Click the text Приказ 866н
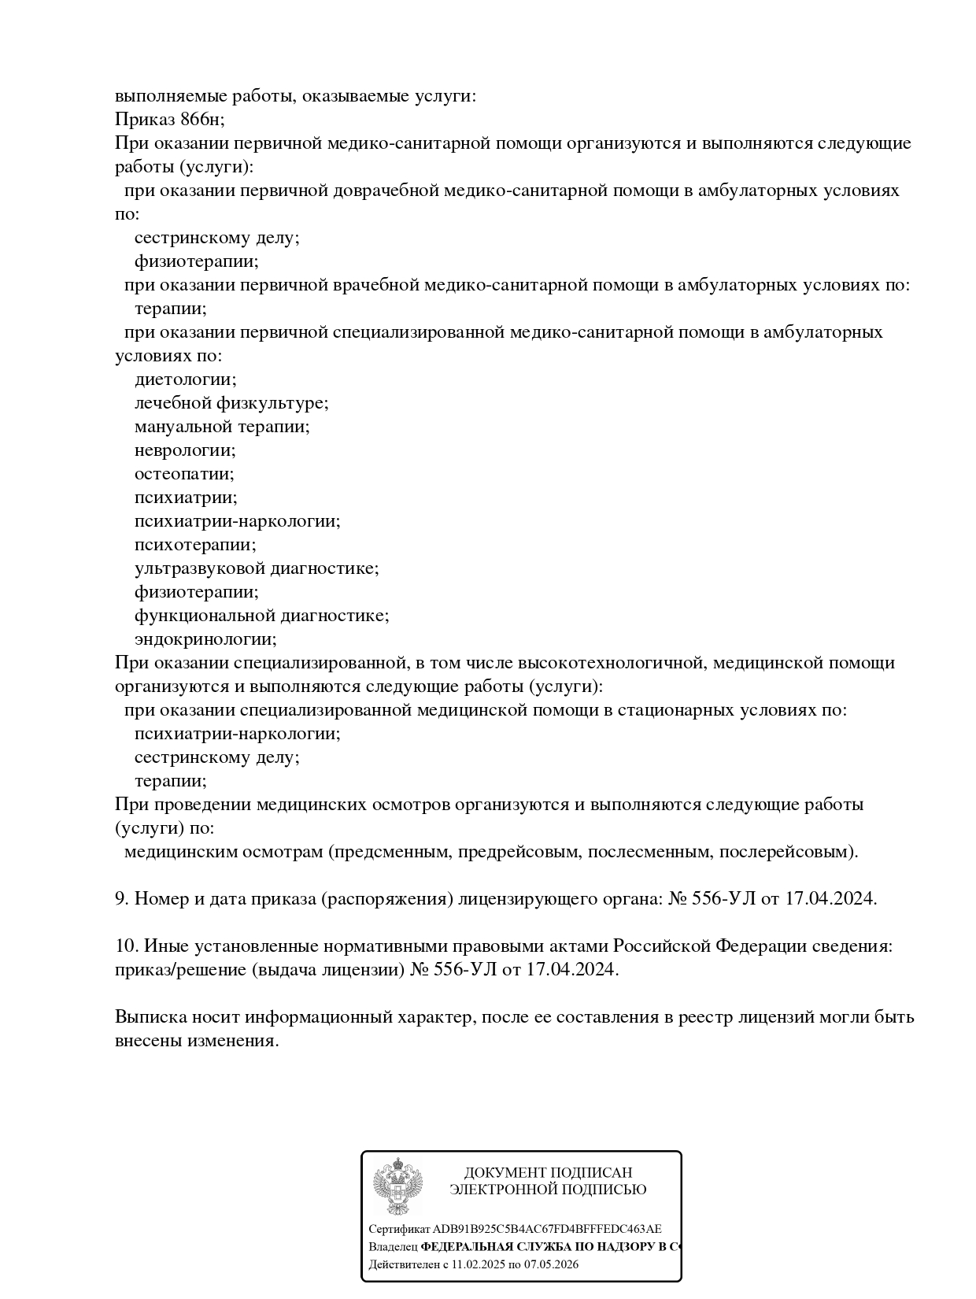pos(169,120)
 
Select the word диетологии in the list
pos(185,379)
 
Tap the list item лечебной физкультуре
pos(231,403)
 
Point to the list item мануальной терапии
pos(222,427)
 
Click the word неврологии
pos(185,450)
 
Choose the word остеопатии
pos(184,474)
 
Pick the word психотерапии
pos(195,545)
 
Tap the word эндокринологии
pos(205,639)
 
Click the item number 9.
pos(122,898)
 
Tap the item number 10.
pos(126,946)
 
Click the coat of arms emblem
pos(397,1186)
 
